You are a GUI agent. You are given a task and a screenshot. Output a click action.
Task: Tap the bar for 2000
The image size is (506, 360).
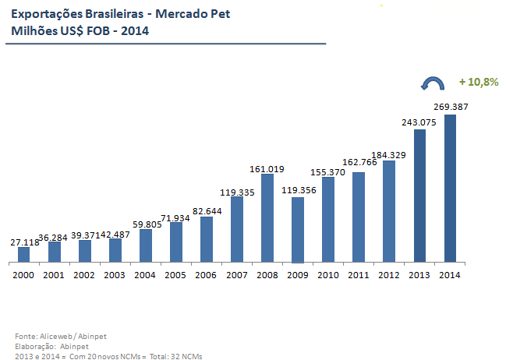23,254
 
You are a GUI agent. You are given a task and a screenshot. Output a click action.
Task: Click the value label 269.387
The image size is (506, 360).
451,107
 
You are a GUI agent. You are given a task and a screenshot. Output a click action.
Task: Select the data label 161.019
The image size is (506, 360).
267,168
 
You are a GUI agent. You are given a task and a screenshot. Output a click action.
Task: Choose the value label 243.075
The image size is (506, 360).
419,122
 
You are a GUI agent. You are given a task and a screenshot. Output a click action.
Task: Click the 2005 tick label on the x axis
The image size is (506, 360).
176,274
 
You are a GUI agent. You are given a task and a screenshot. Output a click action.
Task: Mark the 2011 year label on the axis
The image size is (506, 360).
359,274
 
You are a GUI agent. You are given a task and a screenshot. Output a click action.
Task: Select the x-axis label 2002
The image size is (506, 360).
84,274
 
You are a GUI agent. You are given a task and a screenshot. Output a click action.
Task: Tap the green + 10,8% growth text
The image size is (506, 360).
478,82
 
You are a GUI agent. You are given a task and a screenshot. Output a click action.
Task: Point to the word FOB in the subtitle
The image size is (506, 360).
93,31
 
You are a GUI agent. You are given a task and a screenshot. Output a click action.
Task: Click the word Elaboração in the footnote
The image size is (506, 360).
34,345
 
